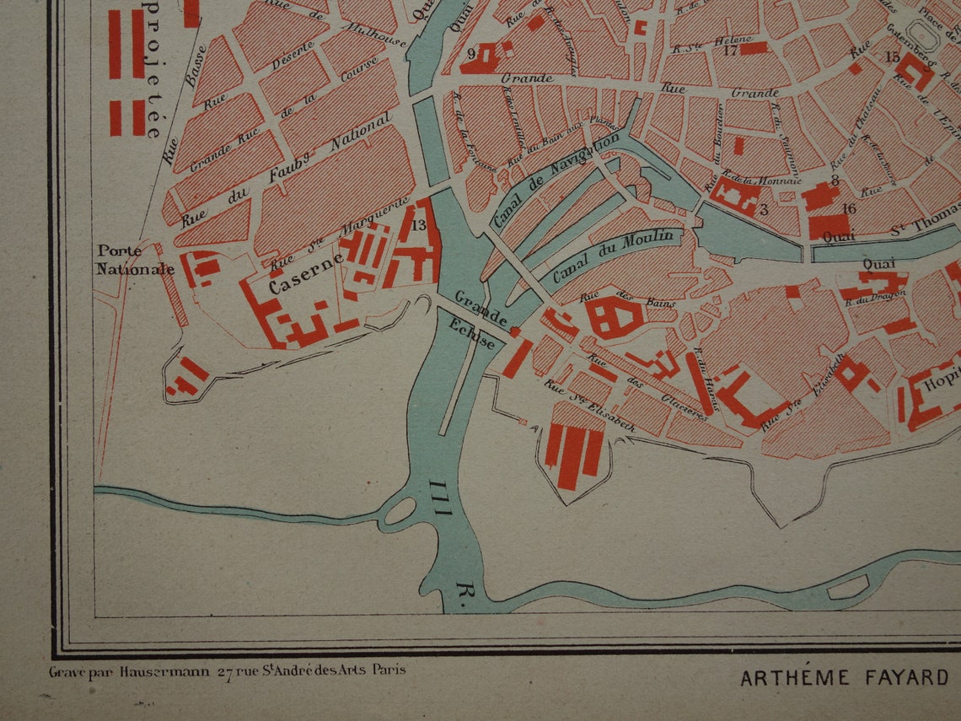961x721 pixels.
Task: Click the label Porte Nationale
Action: (x=135, y=260)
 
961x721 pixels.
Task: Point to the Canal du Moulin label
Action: (x=613, y=256)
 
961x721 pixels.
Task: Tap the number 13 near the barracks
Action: (x=419, y=225)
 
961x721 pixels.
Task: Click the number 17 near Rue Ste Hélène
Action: (x=730, y=50)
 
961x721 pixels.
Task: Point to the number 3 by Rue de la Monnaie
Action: (x=763, y=208)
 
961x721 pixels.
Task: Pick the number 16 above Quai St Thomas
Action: (x=848, y=208)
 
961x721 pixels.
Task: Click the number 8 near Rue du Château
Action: (x=834, y=180)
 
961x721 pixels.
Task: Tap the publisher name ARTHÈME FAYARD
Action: (x=843, y=677)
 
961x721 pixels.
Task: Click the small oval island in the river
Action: (x=400, y=510)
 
